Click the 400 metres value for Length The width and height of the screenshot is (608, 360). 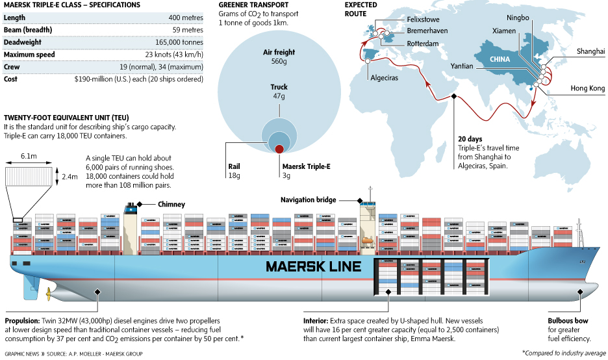[186, 18]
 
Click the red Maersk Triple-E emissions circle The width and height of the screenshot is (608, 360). [279, 149]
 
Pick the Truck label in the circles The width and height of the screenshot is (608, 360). [279, 87]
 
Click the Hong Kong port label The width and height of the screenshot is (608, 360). [587, 88]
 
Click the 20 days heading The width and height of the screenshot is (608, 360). [470, 139]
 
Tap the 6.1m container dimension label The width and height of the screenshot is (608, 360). [28, 157]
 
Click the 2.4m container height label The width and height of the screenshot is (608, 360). [69, 175]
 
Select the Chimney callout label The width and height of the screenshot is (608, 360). [171, 204]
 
